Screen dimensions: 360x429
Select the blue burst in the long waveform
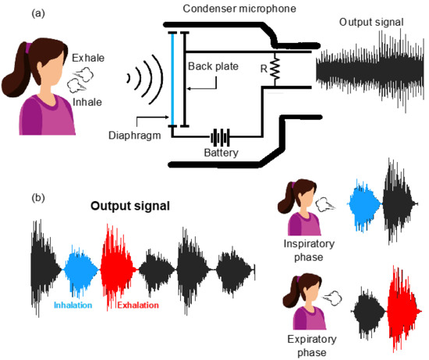80,269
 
